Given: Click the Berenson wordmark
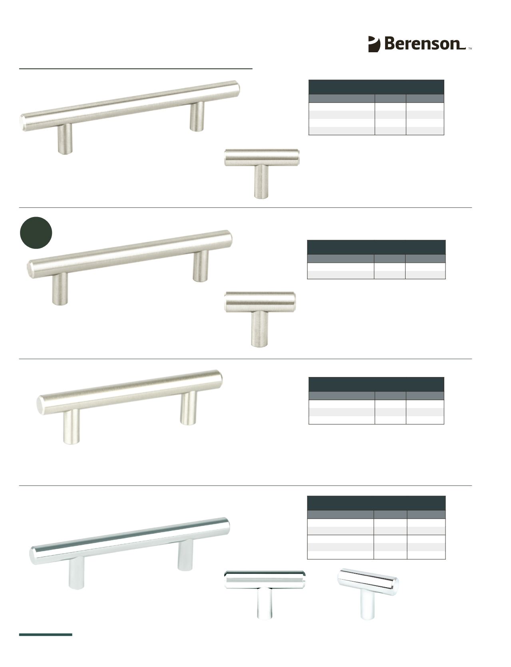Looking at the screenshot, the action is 425,44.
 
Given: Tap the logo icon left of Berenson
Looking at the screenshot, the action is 374,44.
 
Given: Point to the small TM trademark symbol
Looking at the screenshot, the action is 470,49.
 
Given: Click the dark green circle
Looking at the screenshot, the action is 36,233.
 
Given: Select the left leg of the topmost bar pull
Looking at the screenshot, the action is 65,139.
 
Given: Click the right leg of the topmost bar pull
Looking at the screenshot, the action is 197,117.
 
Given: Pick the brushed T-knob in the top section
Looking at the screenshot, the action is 262,174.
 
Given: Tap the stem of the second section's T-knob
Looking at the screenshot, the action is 260,329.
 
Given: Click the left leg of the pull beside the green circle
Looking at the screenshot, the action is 60,289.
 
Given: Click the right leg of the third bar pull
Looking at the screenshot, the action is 188,408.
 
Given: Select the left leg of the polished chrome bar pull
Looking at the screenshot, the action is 76,573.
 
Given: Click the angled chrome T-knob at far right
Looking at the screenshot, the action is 368,594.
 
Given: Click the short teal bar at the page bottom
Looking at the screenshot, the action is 46,634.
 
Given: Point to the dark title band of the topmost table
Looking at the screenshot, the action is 376,87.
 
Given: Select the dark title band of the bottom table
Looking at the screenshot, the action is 376,503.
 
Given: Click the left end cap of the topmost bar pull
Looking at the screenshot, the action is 22,123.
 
